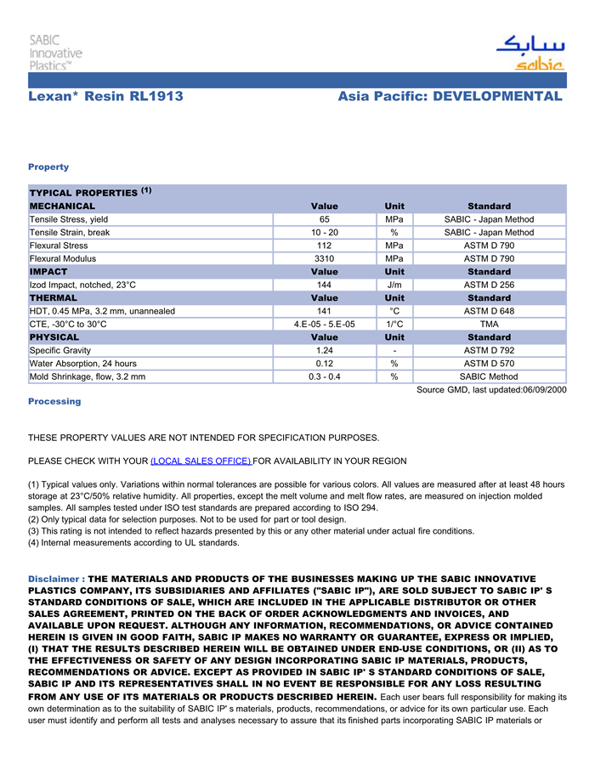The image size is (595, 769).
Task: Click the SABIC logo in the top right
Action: pos(530,53)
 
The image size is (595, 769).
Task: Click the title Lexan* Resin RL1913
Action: pos(105,96)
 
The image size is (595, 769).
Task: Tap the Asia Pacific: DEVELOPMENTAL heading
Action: pos(450,96)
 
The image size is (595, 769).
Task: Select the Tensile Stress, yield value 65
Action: pos(324,219)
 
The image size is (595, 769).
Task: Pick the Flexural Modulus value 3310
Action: pos(324,258)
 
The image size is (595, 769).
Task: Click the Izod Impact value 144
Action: pos(324,285)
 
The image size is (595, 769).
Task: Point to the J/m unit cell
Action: pos(394,285)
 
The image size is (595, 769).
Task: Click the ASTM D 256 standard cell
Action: pos(489,285)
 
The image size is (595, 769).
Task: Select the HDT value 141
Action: pos(324,311)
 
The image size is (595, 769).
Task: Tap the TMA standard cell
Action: pos(489,324)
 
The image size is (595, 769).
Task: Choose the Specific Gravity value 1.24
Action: pos(324,350)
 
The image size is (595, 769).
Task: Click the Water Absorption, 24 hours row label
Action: pos(83,364)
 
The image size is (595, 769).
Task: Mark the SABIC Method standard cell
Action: pos(489,376)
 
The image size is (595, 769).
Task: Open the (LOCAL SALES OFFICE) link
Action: pos(201,461)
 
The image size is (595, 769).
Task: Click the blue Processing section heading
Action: pos(54,401)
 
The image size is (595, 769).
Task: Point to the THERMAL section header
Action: pos(54,298)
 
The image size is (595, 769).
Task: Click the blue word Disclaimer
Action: pos(55,579)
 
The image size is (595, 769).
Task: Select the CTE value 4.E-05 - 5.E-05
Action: pos(324,324)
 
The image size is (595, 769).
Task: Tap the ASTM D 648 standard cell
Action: pos(489,311)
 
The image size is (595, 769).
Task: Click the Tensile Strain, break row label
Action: pos(70,232)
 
